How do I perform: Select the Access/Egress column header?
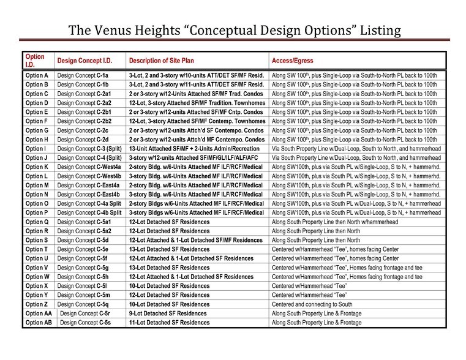click(x=293, y=61)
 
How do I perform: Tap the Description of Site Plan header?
click(x=167, y=61)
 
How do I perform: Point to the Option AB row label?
click(x=39, y=322)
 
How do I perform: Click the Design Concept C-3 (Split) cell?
click(x=89, y=148)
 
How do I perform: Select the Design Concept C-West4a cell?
click(x=90, y=167)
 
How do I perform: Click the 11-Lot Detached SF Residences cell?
click(x=169, y=322)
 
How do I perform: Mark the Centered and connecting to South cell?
click(x=312, y=304)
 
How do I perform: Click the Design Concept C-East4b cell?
click(x=90, y=194)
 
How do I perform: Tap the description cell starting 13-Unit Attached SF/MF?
click(x=195, y=148)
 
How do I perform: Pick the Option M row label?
click(x=37, y=185)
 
